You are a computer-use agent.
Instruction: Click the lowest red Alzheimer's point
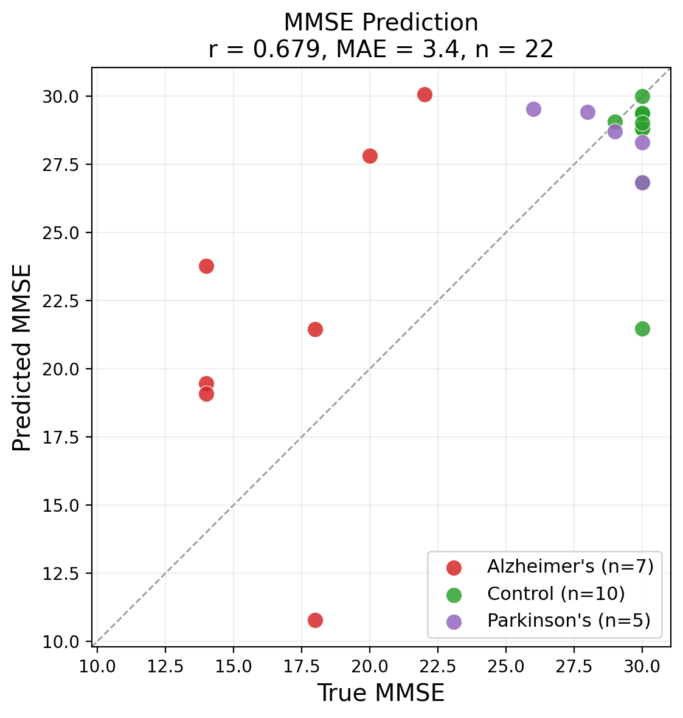315,620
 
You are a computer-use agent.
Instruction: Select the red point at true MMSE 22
425,94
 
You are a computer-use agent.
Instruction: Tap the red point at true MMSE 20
370,156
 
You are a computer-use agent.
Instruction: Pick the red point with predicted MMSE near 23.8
206,266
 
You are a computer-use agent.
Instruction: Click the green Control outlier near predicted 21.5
642,329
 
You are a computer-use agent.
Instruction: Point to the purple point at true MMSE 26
533,109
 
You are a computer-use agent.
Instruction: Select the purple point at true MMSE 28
588,112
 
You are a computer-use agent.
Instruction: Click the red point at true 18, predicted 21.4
315,329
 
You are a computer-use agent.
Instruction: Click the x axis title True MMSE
381,693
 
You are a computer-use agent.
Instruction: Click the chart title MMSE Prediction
381,23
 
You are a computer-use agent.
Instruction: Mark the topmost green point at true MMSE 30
642,96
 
